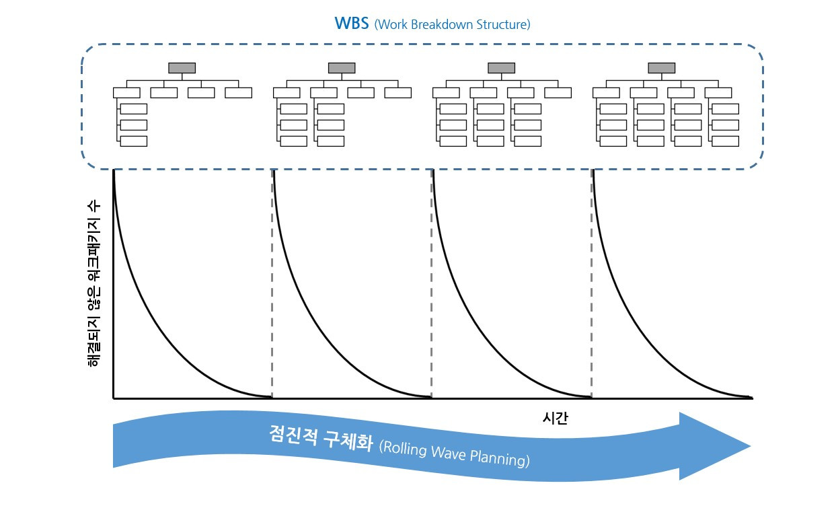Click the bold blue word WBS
click(351, 24)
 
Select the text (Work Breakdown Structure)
click(452, 25)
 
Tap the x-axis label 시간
click(555, 418)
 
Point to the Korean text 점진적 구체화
click(320, 436)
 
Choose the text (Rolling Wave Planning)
click(454, 454)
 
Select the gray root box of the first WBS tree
click(182, 68)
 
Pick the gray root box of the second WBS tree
click(342, 68)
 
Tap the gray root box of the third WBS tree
click(501, 68)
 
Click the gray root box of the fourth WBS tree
click(661, 68)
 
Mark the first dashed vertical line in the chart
click(272, 283)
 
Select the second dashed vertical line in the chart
click(431, 283)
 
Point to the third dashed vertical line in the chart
click(592, 283)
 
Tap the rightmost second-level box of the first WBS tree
click(238, 93)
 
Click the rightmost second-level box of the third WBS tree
click(558, 93)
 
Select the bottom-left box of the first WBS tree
click(133, 141)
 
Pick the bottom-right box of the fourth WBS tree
click(725, 141)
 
